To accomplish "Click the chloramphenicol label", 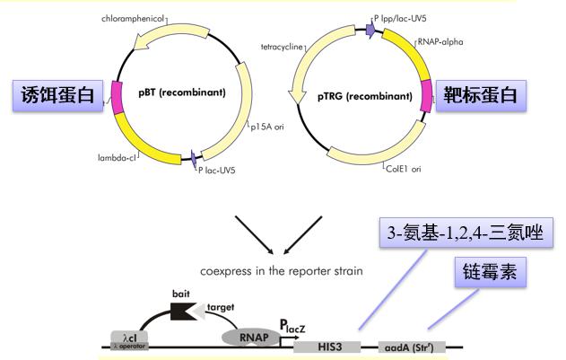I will tap(134, 17).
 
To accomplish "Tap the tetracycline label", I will tap(280, 45).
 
